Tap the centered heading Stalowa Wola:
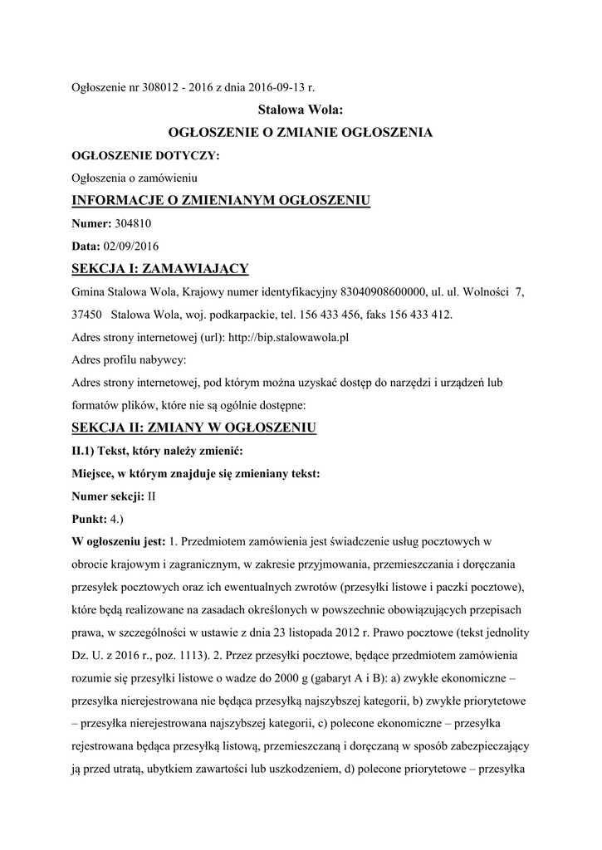tap(300, 109)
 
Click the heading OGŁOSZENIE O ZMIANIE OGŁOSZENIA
tap(300, 132)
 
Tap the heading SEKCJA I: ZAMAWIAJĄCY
tap(160, 269)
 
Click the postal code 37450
tap(86, 315)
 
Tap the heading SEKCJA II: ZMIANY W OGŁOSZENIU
tap(194, 428)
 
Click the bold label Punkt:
tap(91, 520)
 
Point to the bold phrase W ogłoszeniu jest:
tap(119, 543)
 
